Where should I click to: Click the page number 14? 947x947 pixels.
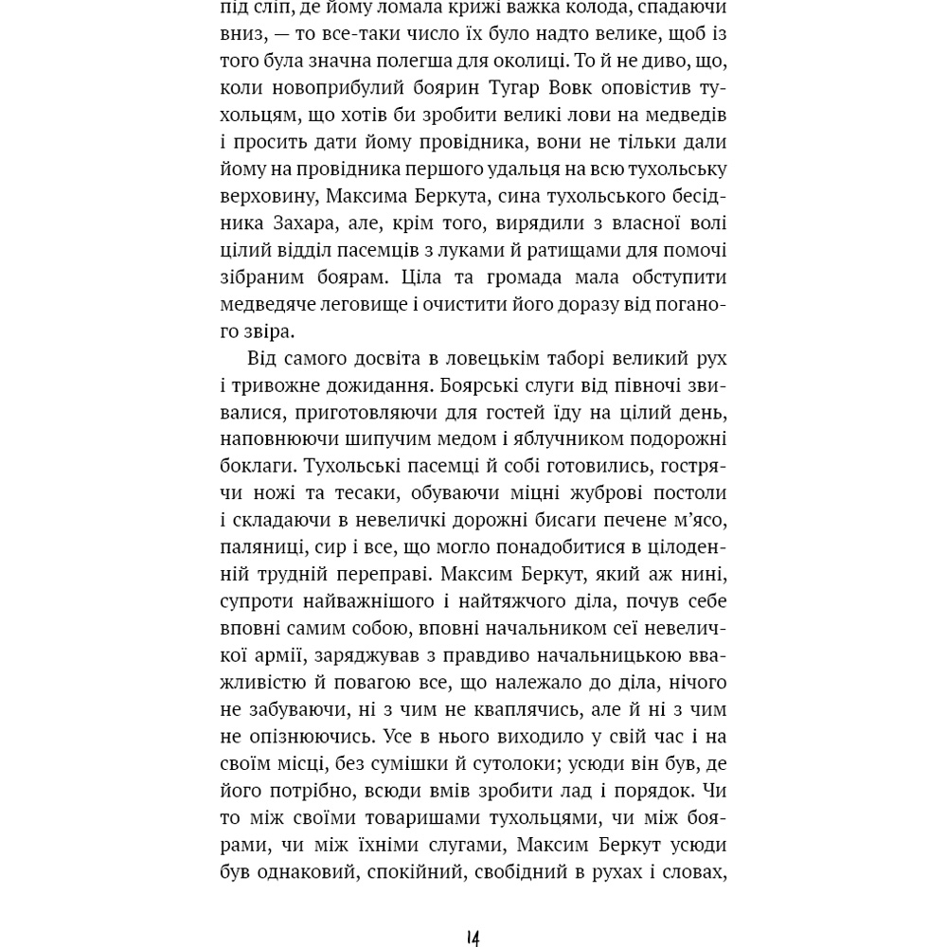pos(473,938)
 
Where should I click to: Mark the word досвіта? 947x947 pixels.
pos(393,359)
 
